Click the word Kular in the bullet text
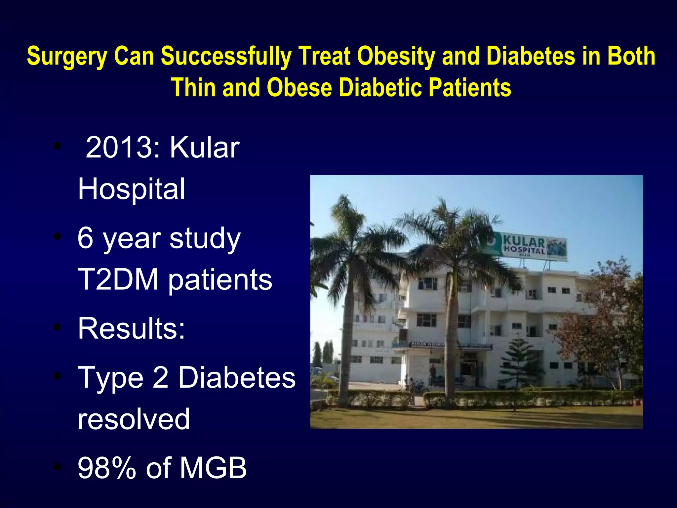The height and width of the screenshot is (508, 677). tap(205, 148)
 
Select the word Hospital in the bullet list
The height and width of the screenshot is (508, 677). tap(132, 189)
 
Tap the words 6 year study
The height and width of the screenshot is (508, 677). tap(159, 239)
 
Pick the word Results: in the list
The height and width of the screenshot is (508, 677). tap(132, 329)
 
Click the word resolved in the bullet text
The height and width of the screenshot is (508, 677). tap(134, 419)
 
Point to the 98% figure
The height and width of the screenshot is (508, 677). tap(106, 468)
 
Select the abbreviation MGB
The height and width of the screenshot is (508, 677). tap(213, 468)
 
